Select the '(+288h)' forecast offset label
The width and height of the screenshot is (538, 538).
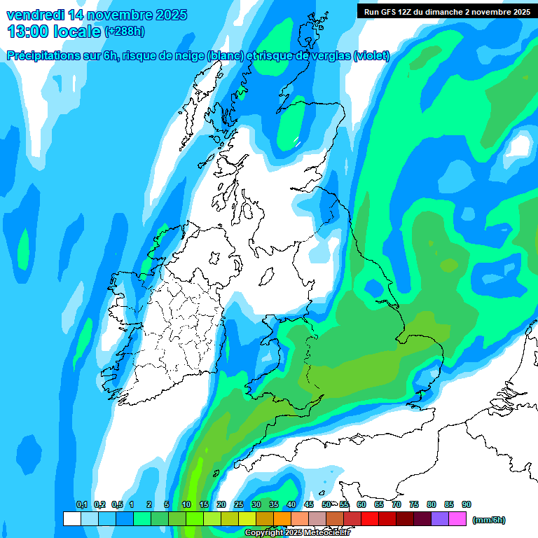click(124, 32)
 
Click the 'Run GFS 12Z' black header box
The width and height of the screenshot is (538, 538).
click(444, 11)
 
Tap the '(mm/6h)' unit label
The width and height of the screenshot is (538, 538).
click(489, 520)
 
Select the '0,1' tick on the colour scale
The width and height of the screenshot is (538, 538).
click(81, 505)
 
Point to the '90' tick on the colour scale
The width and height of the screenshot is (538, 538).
click(467, 505)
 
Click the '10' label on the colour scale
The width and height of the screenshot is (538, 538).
click(186, 505)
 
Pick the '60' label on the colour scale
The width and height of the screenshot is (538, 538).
click(361, 505)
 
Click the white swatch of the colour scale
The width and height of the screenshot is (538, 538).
click(71, 519)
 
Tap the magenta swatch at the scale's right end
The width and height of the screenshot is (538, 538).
click(457, 519)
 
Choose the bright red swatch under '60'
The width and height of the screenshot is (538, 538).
click(370, 519)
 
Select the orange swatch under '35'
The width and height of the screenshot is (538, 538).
click(282, 519)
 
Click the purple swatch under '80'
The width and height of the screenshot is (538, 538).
click(440, 519)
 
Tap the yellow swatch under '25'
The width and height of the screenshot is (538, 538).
click(247, 519)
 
